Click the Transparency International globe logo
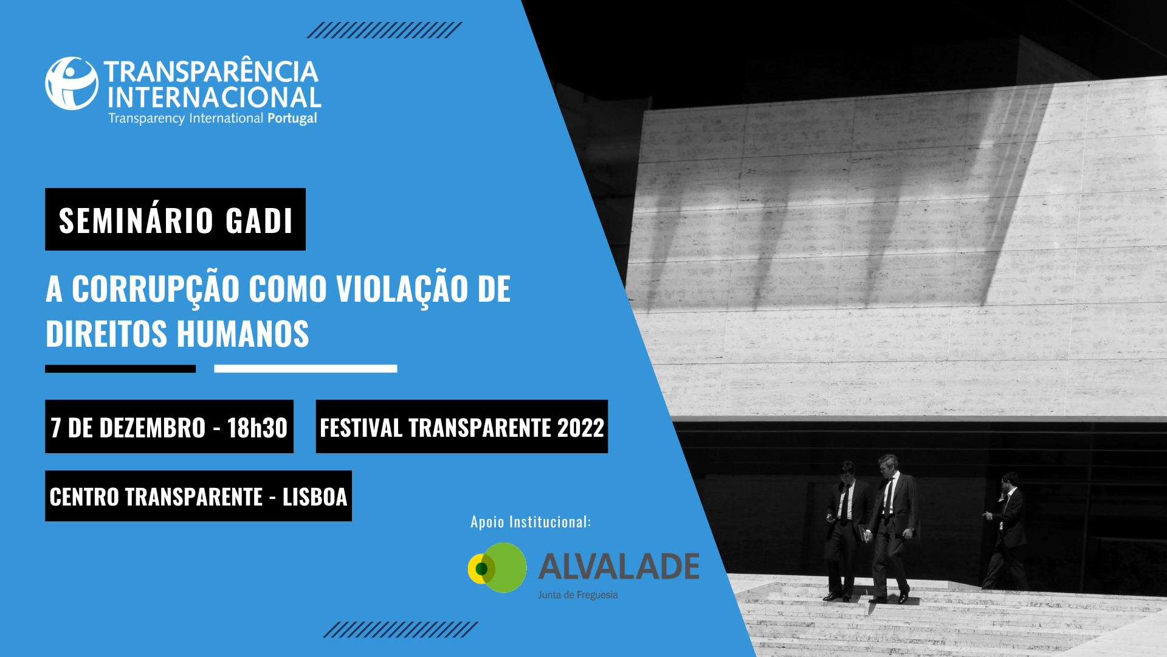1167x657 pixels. [x=72, y=83]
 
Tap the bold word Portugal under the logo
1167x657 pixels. [x=292, y=119]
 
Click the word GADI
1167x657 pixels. [x=260, y=220]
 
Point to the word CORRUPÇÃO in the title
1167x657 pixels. [x=156, y=290]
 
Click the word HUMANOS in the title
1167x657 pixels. [x=243, y=334]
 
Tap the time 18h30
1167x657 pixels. [x=257, y=428]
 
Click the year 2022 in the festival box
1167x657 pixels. [x=580, y=428]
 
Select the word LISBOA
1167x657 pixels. [x=315, y=497]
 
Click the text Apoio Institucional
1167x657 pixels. [x=531, y=522]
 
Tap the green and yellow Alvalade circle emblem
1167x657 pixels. [x=497, y=568]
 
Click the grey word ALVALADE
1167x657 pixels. [x=619, y=566]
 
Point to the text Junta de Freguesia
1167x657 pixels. [x=577, y=595]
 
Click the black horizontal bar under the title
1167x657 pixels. [x=120, y=369]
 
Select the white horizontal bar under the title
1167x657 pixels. [x=306, y=369]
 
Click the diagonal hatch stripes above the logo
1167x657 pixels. [x=384, y=30]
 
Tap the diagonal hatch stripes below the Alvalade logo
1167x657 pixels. [x=401, y=630]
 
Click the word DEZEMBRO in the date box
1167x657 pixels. [x=137, y=428]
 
